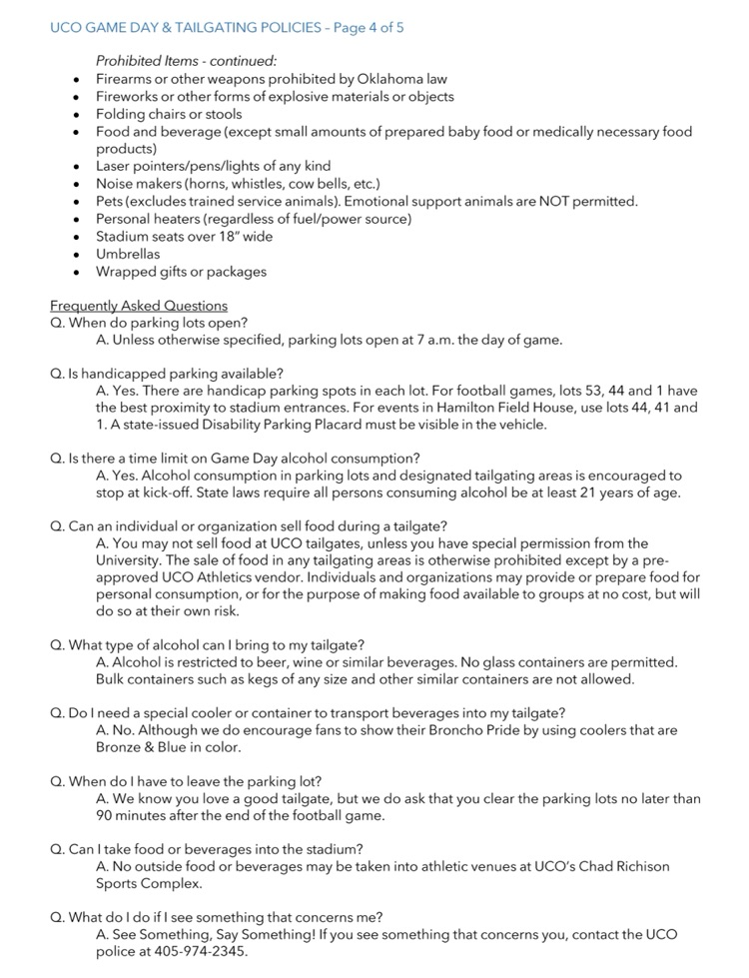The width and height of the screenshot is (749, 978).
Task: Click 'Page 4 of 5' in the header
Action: point(367,28)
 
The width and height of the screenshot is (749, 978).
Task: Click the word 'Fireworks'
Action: point(127,97)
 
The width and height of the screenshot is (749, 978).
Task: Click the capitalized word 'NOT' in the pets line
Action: point(545,202)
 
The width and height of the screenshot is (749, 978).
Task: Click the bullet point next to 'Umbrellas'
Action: point(77,255)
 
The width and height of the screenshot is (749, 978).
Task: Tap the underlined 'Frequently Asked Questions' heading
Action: point(139,306)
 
